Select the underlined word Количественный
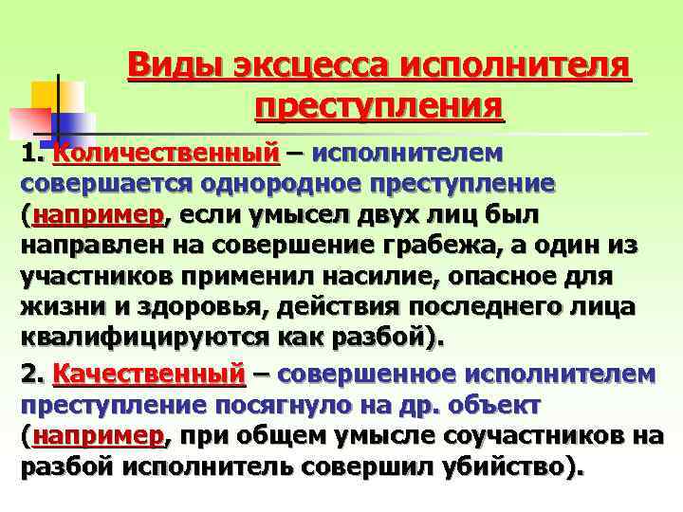167,152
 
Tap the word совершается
94,183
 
